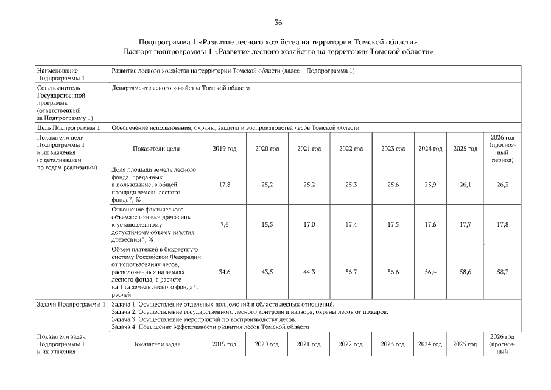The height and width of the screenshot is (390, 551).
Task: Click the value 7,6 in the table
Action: click(224, 225)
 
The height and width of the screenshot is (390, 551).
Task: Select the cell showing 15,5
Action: click(267, 225)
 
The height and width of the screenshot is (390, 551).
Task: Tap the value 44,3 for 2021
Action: click(309, 271)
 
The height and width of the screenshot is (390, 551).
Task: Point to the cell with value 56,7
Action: click(351, 271)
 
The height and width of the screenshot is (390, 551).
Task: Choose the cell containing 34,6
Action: click(224, 271)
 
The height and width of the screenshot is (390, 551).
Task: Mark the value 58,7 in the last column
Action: click(502, 271)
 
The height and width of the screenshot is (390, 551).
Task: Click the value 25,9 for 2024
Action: click(430, 183)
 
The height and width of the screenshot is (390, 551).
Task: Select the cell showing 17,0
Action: click(309, 225)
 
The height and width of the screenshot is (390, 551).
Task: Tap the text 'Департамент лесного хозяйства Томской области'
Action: click(181, 88)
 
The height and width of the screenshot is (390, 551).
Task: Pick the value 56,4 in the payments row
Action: click(430, 271)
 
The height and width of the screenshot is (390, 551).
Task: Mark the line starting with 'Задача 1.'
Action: click(223, 303)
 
